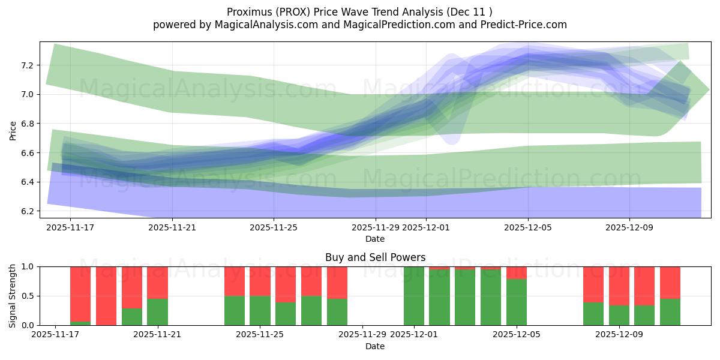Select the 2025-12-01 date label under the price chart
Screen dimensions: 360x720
[426, 227]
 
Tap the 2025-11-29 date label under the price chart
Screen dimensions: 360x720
[376, 227]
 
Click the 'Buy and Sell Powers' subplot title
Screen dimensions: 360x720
[375, 257]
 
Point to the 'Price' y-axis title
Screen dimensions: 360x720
[13, 130]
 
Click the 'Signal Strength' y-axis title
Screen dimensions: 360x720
[13, 296]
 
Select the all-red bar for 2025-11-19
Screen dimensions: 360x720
[106, 296]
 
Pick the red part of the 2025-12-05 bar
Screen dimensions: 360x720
[517, 272]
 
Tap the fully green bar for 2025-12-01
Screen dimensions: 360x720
[414, 296]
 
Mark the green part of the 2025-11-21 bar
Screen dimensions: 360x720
[157, 312]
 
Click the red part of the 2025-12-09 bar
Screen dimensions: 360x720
[619, 286]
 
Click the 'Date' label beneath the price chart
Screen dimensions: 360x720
[375, 239]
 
